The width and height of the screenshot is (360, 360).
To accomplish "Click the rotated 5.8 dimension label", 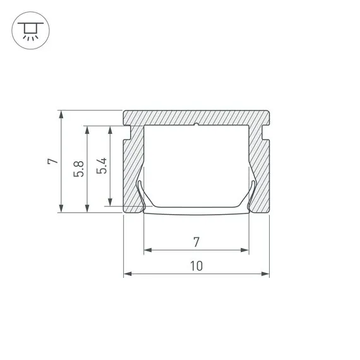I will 78,168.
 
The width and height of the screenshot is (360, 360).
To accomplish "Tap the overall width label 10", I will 196,266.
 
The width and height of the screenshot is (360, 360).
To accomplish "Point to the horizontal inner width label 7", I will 196,241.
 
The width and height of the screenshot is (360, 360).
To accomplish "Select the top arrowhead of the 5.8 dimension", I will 87,128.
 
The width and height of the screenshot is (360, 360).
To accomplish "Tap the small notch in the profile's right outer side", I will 265,133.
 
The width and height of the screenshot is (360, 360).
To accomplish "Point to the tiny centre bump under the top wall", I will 196,125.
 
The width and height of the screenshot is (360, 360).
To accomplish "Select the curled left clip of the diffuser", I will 140,193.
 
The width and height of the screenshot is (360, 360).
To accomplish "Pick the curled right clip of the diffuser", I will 253,193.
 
